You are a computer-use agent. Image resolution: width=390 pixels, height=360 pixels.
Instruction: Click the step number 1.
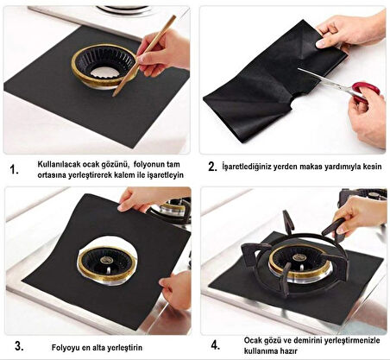click(x=14, y=169)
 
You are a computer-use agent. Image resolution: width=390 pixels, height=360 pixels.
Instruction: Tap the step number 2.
click(x=212, y=167)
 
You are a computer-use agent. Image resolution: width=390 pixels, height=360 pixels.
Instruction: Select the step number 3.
click(x=19, y=346)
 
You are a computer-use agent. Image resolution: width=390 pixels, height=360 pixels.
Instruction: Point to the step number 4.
click(x=215, y=344)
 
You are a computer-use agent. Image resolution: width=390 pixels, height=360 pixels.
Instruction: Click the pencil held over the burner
click(x=144, y=55)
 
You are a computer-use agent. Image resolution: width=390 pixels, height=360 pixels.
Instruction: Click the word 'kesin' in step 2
click(x=372, y=167)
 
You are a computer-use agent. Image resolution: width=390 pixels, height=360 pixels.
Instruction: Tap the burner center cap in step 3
click(x=105, y=260)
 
